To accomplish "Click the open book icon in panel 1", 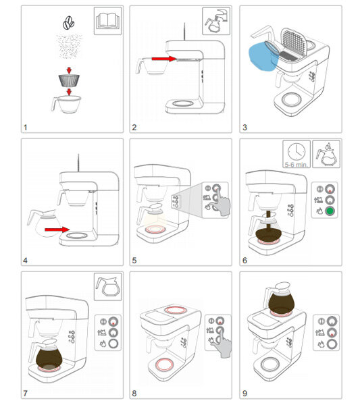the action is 107,21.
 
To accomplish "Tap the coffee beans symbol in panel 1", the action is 68,23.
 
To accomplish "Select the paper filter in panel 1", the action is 69,80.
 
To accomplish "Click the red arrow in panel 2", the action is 164,59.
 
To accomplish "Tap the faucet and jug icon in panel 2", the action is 216,21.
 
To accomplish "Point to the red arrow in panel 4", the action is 57,230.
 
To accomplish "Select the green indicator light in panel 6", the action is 330,211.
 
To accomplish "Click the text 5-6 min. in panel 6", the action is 296,164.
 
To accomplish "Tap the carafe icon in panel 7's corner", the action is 107,286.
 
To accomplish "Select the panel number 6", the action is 245,260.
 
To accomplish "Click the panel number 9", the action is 245,393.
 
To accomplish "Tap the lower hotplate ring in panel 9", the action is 270,364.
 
